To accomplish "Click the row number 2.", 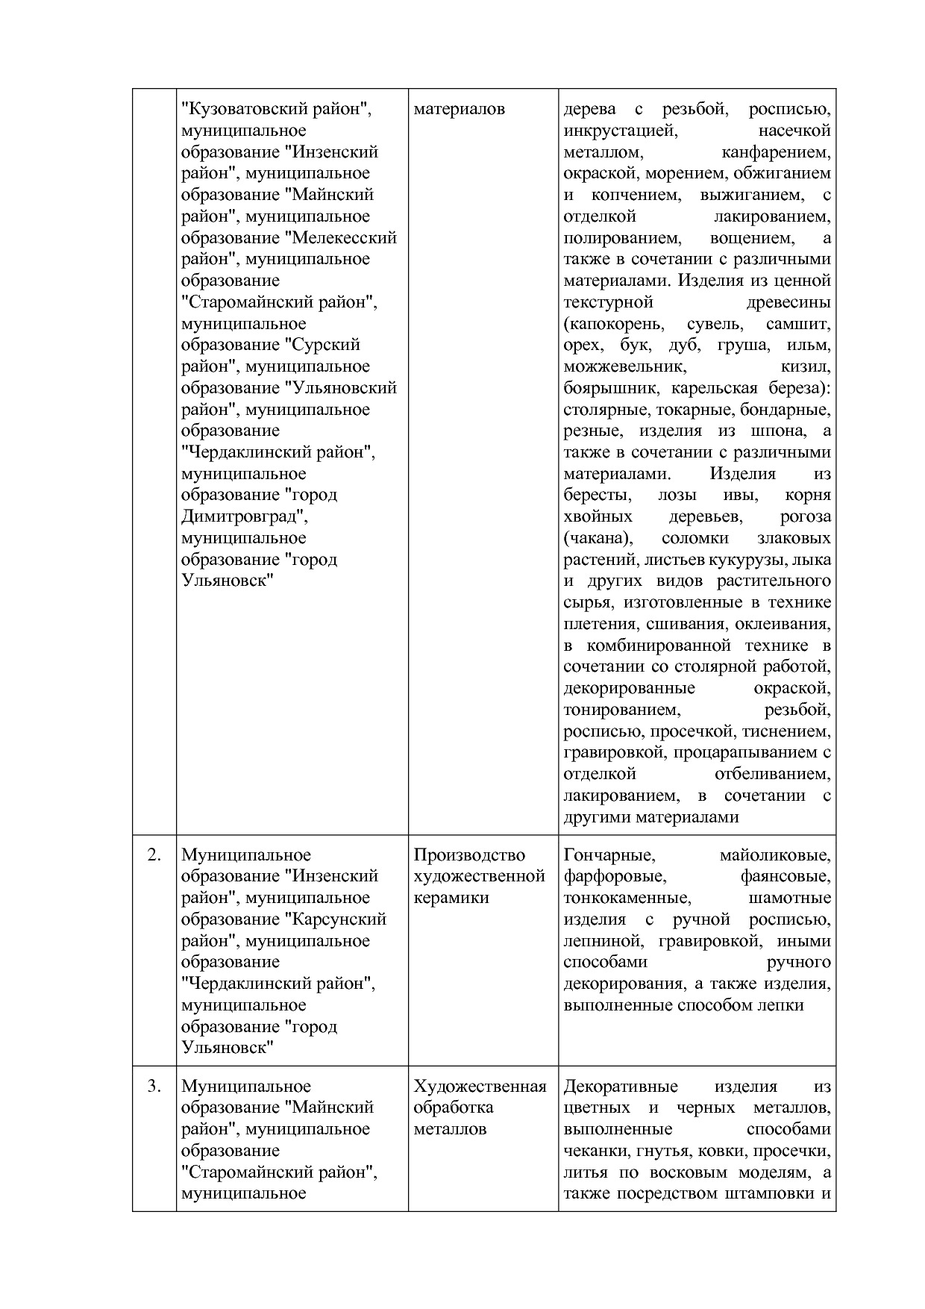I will pos(154,855).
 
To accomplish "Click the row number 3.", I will pos(154,1087).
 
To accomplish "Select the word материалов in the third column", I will pos(459,109).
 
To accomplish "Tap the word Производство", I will pos(469,855).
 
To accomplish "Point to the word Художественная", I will pos(480,1087).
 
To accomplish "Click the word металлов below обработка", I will pos(450,1129).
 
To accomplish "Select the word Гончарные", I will pos(609,855).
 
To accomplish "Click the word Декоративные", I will pos(620,1087).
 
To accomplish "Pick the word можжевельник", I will pos(624,366).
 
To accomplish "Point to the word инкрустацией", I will pos(620,131).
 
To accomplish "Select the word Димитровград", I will pos(242,516).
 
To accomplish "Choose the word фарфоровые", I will pos(615,876).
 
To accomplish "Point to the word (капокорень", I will pos(612,324).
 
